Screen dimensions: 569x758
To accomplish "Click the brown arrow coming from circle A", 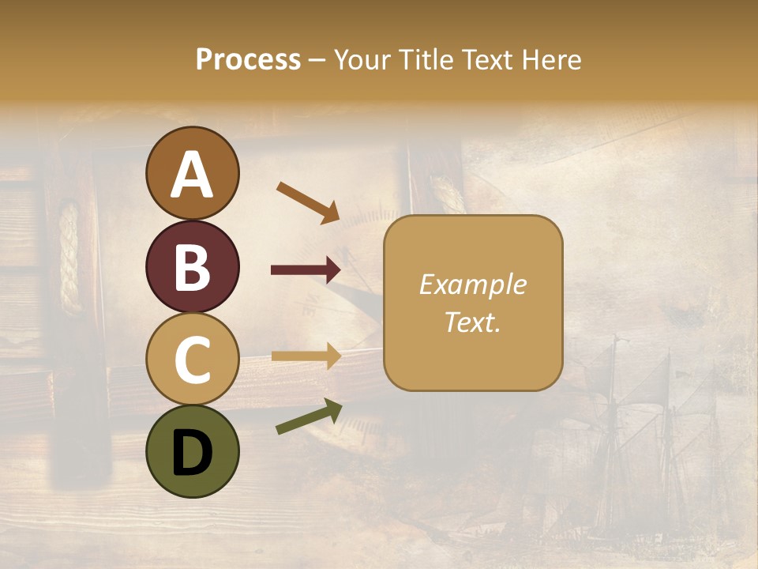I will coord(308,202).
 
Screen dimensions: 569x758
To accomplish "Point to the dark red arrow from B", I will coord(306,270).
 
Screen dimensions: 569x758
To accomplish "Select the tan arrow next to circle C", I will coord(306,356).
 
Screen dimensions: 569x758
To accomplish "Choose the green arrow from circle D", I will coord(309,417).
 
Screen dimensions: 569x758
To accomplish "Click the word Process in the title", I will coord(248,60).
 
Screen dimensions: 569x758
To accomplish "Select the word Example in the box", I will coord(472,284).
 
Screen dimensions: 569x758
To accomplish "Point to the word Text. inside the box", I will coord(472,322).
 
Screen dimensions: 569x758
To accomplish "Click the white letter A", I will coord(193,175).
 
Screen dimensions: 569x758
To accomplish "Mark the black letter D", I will coord(193,453).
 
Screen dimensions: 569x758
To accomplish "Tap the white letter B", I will coord(193,267).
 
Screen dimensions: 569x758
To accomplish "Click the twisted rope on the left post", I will coord(70,257).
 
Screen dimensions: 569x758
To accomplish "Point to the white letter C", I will coord(193,360).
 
